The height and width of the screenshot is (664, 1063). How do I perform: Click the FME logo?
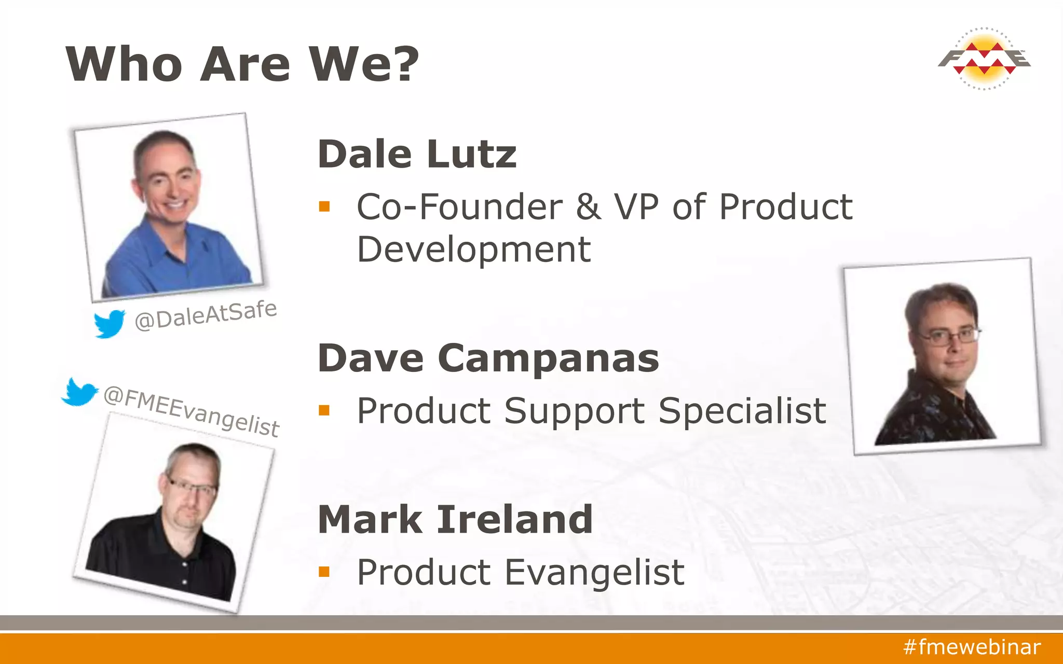pyautogui.click(x=984, y=59)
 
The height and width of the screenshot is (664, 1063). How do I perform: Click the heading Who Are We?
pyautogui.click(x=242, y=64)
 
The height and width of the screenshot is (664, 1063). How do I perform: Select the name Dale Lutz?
pyautogui.click(x=417, y=155)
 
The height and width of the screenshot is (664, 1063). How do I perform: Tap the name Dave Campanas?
pyautogui.click(x=488, y=358)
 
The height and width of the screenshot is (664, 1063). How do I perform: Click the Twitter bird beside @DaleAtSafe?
pyautogui.click(x=110, y=323)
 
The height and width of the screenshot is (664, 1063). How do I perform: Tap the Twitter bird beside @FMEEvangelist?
pyautogui.click(x=79, y=392)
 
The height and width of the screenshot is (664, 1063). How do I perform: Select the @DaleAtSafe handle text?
pyautogui.click(x=206, y=315)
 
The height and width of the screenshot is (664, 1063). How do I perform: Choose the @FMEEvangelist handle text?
pyautogui.click(x=191, y=411)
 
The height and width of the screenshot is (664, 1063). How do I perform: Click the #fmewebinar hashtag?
pyautogui.click(x=972, y=647)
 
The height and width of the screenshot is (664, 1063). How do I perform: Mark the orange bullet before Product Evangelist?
pyautogui.click(x=324, y=572)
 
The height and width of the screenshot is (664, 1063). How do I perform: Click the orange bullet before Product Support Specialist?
pyautogui.click(x=324, y=410)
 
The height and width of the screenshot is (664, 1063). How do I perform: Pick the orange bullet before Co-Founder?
pyautogui.click(x=324, y=206)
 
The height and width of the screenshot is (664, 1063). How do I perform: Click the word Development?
pyautogui.click(x=474, y=250)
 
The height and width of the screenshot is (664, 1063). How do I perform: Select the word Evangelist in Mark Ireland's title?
pyautogui.click(x=594, y=573)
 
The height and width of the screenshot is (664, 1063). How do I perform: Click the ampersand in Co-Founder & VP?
pyautogui.click(x=589, y=207)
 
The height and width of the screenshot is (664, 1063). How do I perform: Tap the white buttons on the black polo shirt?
pyautogui.click(x=184, y=571)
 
